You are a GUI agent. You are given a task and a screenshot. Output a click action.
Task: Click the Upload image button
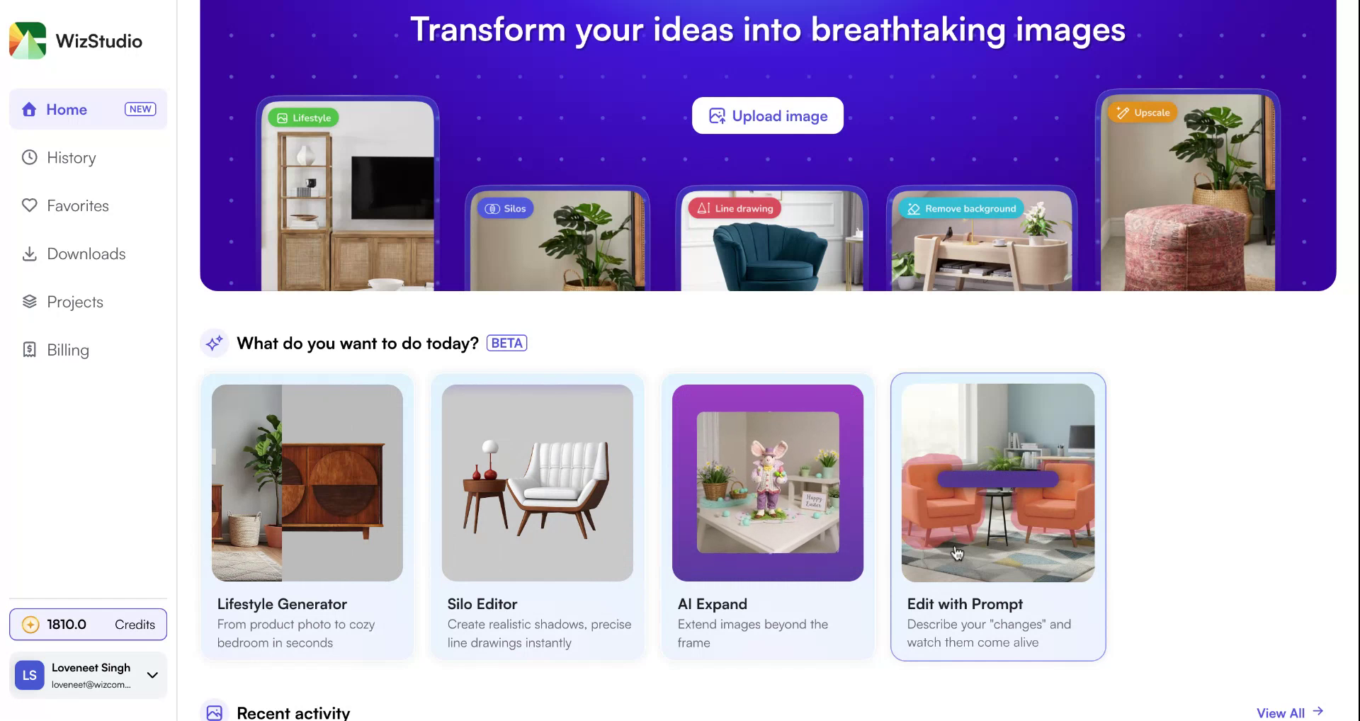point(767,115)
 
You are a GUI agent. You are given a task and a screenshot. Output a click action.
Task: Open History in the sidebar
point(71,158)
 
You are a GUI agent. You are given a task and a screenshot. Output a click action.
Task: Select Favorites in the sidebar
point(77,206)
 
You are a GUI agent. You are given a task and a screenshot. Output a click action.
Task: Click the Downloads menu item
point(86,254)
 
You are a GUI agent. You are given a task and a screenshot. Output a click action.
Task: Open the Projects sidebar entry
point(74,302)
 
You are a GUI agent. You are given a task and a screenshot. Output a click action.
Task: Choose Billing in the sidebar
point(67,351)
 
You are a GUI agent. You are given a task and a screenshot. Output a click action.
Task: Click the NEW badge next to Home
point(140,109)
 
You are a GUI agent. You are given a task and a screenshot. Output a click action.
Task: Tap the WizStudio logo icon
point(28,40)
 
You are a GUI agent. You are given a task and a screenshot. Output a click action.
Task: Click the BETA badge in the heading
point(506,344)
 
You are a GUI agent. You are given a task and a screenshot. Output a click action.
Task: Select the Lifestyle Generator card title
point(282,604)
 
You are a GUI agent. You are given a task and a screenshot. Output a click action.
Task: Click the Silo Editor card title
point(482,604)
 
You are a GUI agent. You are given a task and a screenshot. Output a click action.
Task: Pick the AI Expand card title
point(712,604)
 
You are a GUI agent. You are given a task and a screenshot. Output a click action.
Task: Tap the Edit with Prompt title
point(965,604)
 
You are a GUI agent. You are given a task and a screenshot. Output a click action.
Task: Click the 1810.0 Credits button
point(88,625)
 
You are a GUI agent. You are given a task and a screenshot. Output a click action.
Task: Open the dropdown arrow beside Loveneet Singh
point(152,675)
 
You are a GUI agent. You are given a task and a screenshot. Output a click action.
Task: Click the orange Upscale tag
point(1143,113)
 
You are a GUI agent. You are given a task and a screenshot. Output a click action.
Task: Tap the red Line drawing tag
point(735,209)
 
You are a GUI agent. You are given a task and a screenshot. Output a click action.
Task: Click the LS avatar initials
point(30,676)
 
